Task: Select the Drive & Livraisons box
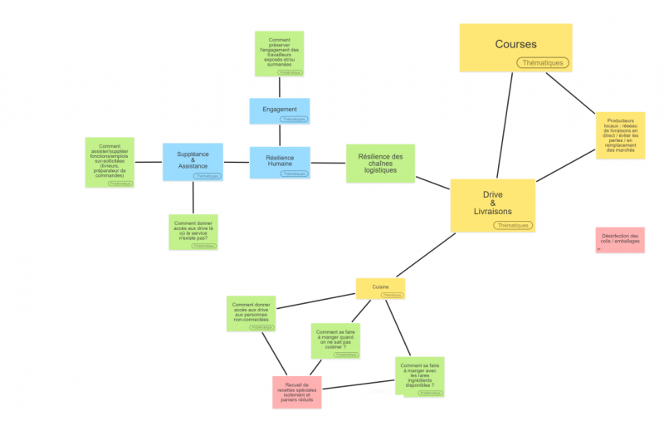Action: pos(492,199)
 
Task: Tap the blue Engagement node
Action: pos(280,109)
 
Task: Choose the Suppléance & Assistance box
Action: pos(193,159)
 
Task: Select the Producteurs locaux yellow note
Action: pos(620,135)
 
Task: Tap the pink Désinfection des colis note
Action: pos(620,239)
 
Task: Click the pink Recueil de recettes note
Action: pos(296,391)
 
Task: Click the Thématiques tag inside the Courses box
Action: pos(542,62)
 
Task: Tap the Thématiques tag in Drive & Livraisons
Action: pos(512,225)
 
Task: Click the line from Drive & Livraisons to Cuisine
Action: pos(425,255)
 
